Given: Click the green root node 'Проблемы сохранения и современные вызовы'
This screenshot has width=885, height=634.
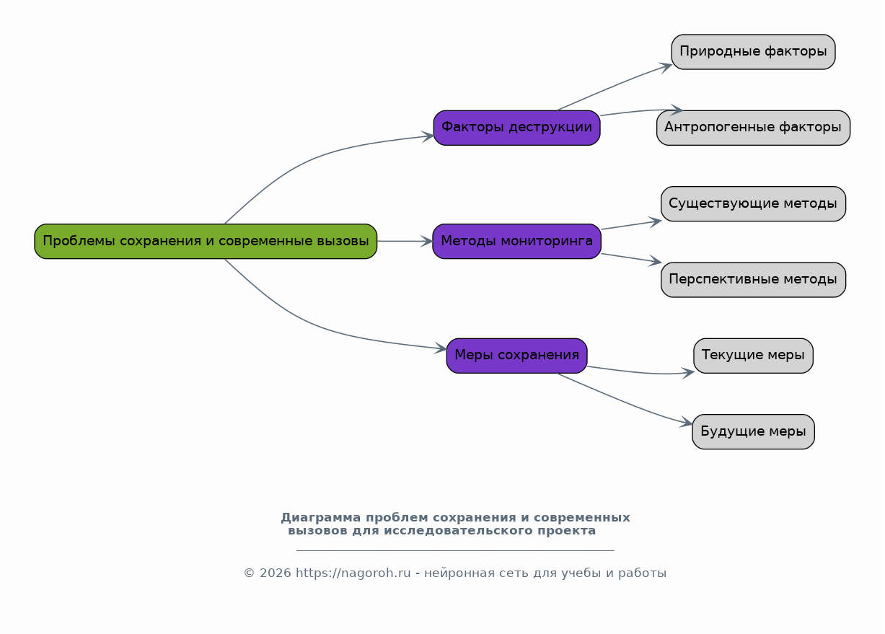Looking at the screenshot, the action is click(x=206, y=242).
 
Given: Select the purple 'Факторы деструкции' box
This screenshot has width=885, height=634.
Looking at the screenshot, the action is click(x=516, y=128).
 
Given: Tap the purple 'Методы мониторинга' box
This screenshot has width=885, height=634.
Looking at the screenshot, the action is click(x=516, y=242).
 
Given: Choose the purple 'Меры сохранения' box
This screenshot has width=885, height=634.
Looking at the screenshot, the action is click(x=516, y=356).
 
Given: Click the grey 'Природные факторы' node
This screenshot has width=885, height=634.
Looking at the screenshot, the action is click(x=754, y=52).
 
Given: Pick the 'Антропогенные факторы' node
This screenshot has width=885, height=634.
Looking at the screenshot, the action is click(x=754, y=128).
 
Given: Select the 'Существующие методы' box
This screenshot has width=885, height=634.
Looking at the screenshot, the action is click(x=754, y=204).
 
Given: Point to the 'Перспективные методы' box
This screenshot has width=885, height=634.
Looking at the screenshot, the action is click(x=754, y=280).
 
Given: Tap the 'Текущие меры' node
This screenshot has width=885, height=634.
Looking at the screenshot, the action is click(x=754, y=356).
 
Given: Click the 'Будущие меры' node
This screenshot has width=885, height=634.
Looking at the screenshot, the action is click(x=754, y=432).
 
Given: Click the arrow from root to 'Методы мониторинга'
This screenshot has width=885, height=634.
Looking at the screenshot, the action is click(x=405, y=242).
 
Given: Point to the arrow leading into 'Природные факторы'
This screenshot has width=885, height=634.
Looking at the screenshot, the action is click(x=615, y=86).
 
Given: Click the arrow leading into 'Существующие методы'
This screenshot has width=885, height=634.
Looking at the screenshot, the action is click(x=631, y=225).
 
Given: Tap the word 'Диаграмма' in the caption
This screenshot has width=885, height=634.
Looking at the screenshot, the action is click(x=320, y=517).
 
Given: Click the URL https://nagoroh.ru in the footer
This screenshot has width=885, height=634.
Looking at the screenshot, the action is click(x=353, y=573).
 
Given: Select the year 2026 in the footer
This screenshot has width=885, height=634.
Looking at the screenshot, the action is click(x=275, y=573).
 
